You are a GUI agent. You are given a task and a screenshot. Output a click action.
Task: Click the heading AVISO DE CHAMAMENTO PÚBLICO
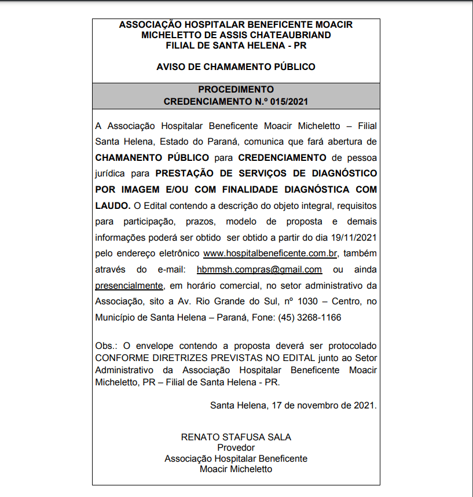(236, 67)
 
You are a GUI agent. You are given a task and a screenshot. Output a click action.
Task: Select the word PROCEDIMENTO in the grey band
(236, 90)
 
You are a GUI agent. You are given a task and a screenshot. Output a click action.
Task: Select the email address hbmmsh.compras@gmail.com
(259, 270)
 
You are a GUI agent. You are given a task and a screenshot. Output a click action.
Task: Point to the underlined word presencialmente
(129, 285)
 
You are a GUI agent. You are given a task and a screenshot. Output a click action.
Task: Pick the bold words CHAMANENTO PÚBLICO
(152, 157)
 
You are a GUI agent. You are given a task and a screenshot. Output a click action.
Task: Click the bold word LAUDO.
(112, 205)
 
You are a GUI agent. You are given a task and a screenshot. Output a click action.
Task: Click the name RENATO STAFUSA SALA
(236, 437)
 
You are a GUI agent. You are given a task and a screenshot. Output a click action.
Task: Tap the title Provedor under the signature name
(236, 448)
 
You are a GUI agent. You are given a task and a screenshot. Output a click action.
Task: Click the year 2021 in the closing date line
(364, 405)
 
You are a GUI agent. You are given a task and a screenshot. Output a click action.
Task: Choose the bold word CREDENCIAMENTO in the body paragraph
(283, 157)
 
